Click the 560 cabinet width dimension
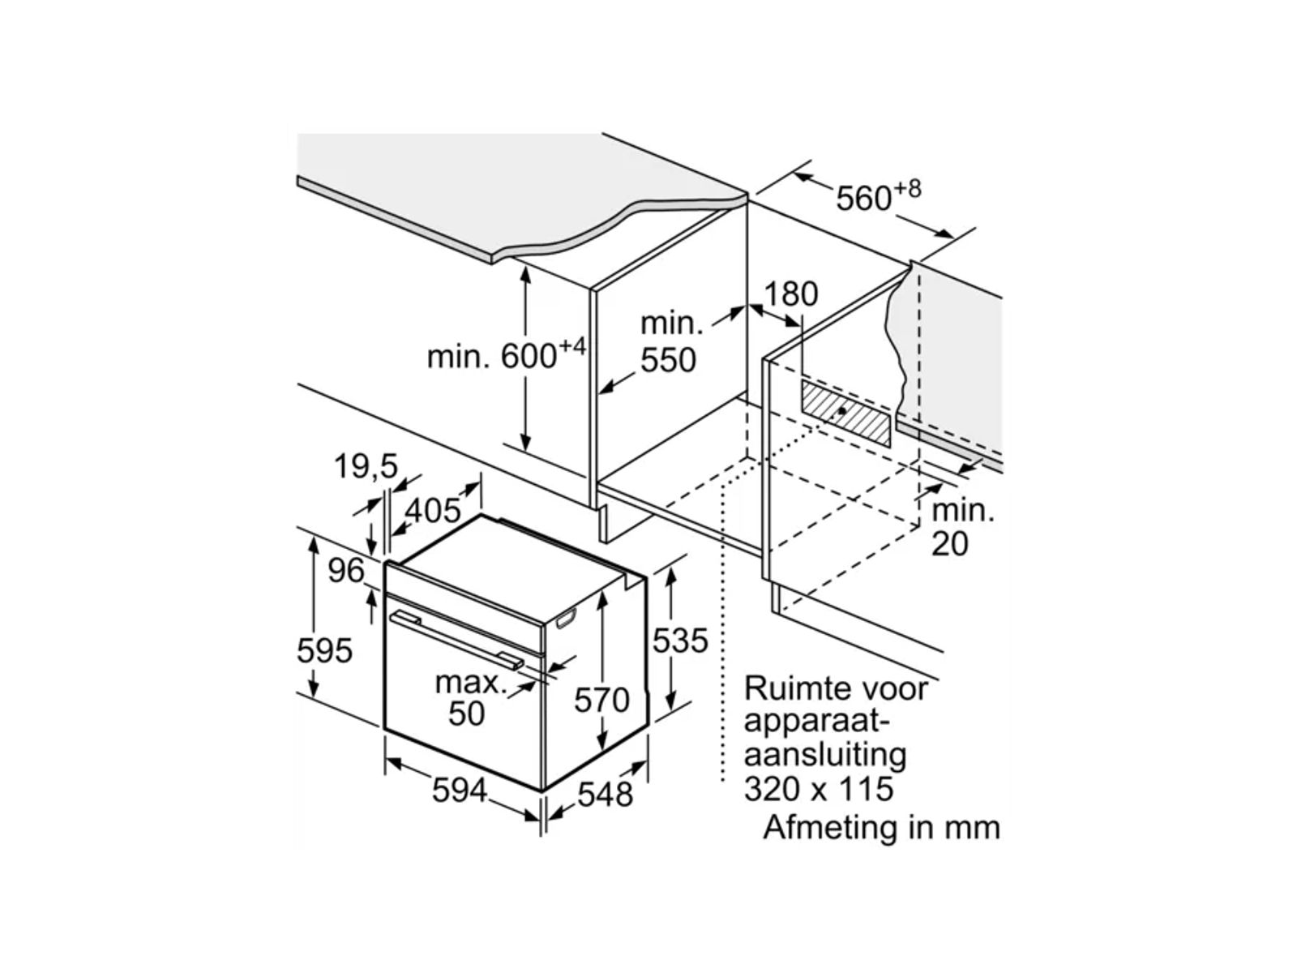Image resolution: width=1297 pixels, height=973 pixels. [864, 198]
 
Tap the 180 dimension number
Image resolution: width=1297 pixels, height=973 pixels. [791, 294]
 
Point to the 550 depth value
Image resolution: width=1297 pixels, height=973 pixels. [669, 360]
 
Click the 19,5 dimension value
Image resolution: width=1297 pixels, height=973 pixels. [366, 466]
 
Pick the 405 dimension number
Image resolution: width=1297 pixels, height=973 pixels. [433, 511]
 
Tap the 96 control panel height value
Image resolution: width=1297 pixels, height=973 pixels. [346, 571]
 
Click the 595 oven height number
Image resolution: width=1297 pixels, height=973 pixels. [325, 650]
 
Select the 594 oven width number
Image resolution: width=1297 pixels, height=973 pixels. [460, 791]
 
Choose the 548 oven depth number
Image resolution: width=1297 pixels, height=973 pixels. [606, 794]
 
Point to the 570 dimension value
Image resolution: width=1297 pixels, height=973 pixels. [601, 700]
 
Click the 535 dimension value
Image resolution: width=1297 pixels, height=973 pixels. [680, 641]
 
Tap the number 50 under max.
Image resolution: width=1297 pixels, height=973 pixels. [466, 714]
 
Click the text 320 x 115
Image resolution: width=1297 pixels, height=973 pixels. [819, 788]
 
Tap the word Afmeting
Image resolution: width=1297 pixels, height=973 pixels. [839, 828]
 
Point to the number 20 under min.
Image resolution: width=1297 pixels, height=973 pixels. [949, 543]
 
